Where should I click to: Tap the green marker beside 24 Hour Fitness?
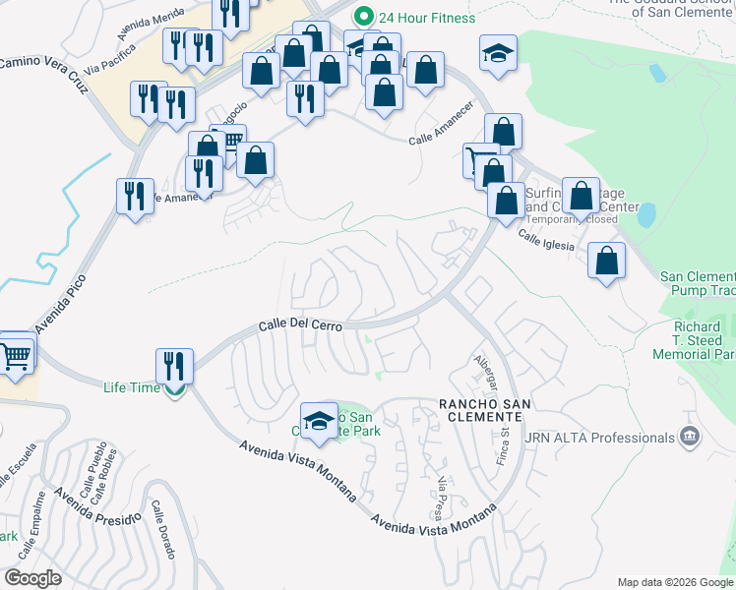click(364, 17)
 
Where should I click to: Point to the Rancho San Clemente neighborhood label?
click(485, 411)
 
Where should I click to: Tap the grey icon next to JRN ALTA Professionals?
click(690, 437)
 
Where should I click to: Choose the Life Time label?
click(132, 387)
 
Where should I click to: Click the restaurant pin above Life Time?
click(174, 366)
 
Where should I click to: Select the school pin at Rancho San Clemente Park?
click(318, 421)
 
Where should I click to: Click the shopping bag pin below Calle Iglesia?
click(606, 263)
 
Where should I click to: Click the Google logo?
click(33, 578)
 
